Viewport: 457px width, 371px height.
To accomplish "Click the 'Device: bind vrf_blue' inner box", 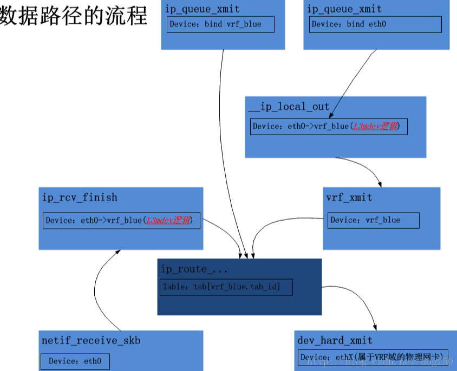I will pos(220,24).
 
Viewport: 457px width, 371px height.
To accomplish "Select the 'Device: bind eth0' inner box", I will pos(376,24).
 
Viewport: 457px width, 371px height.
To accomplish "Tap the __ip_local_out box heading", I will pos(289,107).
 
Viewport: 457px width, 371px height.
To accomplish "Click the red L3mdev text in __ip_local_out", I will pos(376,127).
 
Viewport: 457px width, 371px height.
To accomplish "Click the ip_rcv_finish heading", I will pos(80,197).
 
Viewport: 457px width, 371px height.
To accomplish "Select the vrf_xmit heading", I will pos(349,197).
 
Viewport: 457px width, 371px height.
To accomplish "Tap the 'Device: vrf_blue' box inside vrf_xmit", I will pos(373,220).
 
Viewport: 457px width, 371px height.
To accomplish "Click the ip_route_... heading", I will pos(194,269).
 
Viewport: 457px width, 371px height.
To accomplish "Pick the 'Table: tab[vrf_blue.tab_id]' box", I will pos(226,287).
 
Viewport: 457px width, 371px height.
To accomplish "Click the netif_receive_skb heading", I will pos(91,340).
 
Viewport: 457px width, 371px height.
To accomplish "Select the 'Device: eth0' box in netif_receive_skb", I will pos(75,361).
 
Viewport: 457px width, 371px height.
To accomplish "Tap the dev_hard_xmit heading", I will pos(335,340).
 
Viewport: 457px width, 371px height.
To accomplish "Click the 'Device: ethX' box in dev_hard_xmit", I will pos(373,357).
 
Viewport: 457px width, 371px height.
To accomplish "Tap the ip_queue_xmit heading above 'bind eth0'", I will pos(344,9).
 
